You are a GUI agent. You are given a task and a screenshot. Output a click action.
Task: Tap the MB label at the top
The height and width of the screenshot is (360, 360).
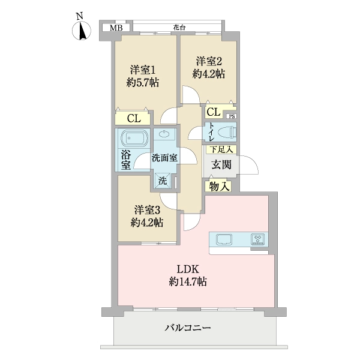(x=116, y=28)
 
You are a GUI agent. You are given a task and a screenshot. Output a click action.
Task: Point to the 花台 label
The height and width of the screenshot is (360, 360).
(x=179, y=27)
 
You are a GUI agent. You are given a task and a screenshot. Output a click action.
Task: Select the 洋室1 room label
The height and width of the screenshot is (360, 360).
(x=143, y=69)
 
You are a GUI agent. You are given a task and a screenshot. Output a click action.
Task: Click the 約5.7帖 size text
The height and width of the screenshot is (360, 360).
(x=143, y=83)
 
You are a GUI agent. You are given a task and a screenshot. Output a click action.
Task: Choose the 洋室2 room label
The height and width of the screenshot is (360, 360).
(x=208, y=61)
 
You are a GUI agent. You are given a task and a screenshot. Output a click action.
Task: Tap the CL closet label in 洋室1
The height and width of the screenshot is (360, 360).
(x=134, y=118)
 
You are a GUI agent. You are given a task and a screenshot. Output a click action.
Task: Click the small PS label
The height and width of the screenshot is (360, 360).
(x=232, y=116)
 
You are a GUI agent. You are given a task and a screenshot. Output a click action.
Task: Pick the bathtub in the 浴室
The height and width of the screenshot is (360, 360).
(x=133, y=139)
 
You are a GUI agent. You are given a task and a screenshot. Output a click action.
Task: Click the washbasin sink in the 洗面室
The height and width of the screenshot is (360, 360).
(x=165, y=135)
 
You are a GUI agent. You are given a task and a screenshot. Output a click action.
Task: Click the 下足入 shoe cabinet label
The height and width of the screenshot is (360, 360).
(x=221, y=149)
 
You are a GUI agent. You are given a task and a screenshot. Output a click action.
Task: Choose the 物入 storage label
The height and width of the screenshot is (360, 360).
(x=220, y=186)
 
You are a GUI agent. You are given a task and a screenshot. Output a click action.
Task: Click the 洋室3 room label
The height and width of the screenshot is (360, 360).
(x=147, y=210)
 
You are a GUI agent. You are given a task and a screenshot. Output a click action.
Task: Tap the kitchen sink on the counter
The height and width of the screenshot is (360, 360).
(x=225, y=239)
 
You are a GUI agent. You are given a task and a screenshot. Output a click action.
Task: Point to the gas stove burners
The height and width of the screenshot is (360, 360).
(x=259, y=239)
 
